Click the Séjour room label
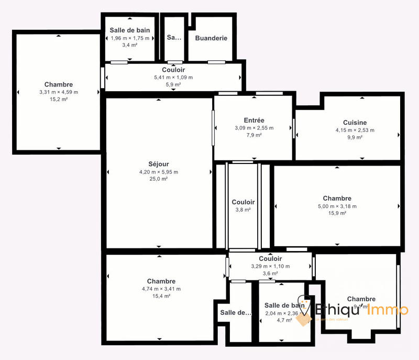pyautogui.click(x=158, y=164)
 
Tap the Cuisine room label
pyautogui.click(x=355, y=123)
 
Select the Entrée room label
pyautogui.click(x=254, y=120)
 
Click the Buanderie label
pyautogui.click(x=211, y=38)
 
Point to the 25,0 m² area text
pyautogui.click(x=158, y=179)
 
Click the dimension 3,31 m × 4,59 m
pyautogui.click(x=58, y=92)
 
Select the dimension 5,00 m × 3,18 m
pyautogui.click(x=337, y=206)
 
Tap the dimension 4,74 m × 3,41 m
pyautogui.click(x=161, y=289)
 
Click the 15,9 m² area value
pyautogui.click(x=337, y=213)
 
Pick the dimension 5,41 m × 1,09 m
pyautogui.click(x=173, y=78)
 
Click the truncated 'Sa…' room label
pyautogui.click(x=174, y=38)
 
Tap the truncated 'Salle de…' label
pyautogui.click(x=236, y=312)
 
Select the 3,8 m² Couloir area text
pyautogui.click(x=243, y=210)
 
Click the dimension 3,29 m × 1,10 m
pyautogui.click(x=270, y=266)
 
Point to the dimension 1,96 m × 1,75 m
pyautogui.click(x=129, y=38)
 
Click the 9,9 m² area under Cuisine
pyautogui.click(x=355, y=137)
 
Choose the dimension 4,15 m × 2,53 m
pyautogui.click(x=355, y=130)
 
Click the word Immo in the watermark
pyautogui.click(x=388, y=310)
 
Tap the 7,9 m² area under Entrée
pyautogui.click(x=254, y=135)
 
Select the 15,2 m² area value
pyautogui.click(x=58, y=100)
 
